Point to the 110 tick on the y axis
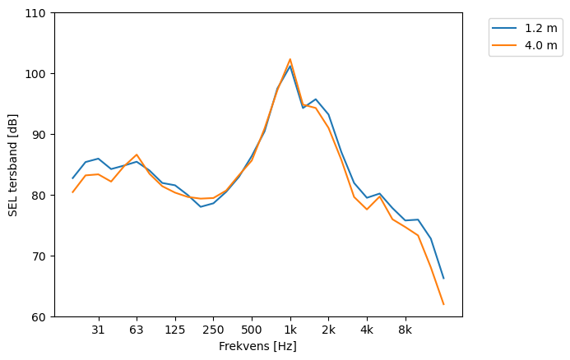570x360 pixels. point(39,13)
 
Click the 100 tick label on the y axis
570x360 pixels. point(39,74)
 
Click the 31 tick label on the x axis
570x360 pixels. point(98,330)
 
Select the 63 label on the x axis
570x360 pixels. point(137,330)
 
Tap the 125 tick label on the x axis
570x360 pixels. point(174,330)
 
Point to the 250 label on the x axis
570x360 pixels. point(213,330)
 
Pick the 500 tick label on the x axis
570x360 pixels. point(252,330)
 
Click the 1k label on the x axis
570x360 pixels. point(290,330)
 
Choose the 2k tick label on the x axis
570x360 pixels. point(328,330)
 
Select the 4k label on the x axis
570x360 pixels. point(367,330)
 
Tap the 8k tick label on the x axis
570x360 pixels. point(405,330)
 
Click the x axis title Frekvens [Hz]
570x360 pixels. point(257,346)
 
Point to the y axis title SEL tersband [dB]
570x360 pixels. point(12,164)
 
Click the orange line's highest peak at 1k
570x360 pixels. point(290,59)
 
